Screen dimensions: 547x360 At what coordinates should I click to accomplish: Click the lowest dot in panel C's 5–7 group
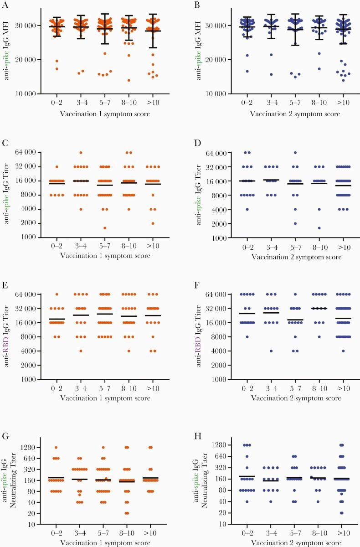point(104,228)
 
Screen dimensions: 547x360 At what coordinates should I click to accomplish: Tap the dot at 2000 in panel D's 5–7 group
point(295,223)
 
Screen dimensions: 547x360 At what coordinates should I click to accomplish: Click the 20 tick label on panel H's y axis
point(216,513)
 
